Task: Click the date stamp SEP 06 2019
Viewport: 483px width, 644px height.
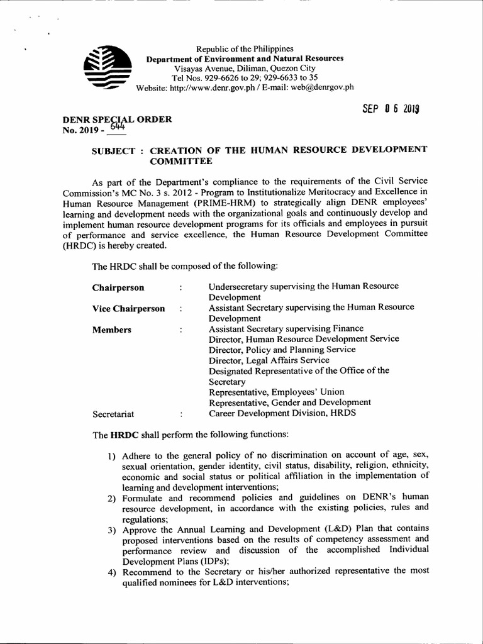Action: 391,108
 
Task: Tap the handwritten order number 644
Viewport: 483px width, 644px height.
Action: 117,127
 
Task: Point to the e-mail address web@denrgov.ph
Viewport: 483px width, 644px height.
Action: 321,87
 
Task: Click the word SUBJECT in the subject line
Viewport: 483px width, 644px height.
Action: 114,150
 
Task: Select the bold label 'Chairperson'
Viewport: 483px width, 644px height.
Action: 118,287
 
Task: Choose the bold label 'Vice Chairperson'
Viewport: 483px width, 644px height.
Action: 128,308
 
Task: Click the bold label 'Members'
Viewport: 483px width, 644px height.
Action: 111,330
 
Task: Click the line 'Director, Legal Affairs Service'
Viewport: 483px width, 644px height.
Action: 269,360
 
